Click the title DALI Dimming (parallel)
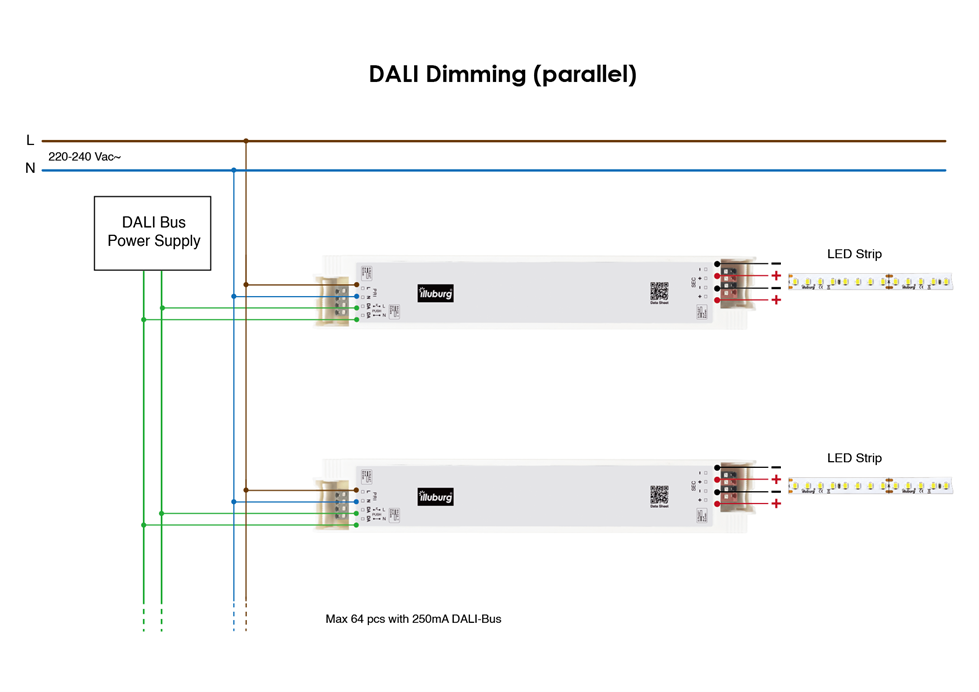tap(502, 74)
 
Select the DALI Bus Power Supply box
tap(153, 233)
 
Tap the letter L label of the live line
tap(30, 141)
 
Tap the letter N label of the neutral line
tap(30, 169)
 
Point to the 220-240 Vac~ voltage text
tap(84, 157)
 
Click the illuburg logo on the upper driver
tap(435, 293)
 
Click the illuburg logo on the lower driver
tap(435, 496)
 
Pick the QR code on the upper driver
tap(658, 291)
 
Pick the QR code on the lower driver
tap(658, 494)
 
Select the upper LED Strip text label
tap(854, 254)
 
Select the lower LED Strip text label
tap(854, 458)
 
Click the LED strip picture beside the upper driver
tap(870, 283)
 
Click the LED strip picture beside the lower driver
tap(870, 487)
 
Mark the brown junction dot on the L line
tap(246, 141)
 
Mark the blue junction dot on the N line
tap(234, 170)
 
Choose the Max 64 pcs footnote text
tap(413, 619)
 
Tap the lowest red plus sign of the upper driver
tap(776, 300)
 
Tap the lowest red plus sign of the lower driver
tap(776, 504)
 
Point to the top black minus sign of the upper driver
tap(776, 263)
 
